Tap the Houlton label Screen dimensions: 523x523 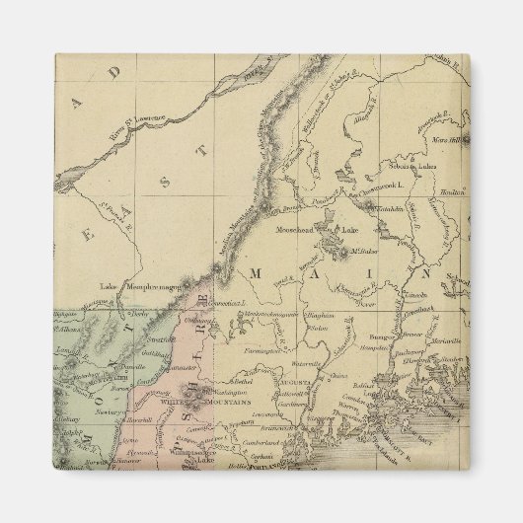tap(450, 194)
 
